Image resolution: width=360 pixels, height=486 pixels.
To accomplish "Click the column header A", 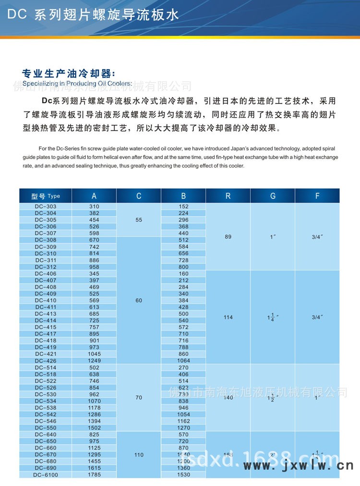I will [94, 196].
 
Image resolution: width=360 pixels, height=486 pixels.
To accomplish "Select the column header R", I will [228, 196].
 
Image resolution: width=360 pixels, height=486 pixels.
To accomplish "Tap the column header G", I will [273, 196].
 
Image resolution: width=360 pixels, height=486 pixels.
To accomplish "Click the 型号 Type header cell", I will [46, 196].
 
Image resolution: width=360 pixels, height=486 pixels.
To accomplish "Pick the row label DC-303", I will [46, 207].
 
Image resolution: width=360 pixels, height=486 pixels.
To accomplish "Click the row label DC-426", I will [46, 361].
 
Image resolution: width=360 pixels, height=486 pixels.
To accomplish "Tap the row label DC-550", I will [46, 428].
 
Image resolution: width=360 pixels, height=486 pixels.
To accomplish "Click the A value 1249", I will [94, 361].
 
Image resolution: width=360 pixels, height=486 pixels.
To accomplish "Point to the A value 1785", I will [94, 475].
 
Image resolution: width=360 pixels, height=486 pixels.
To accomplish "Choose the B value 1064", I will [183, 361].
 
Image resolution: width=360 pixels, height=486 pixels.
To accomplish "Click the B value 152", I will [183, 207].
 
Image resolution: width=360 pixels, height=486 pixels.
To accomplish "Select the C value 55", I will [139, 219].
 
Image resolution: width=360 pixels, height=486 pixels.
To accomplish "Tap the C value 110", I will [139, 455].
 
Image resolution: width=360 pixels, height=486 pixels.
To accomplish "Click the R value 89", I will [228, 237].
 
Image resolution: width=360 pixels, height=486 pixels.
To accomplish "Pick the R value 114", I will [228, 317].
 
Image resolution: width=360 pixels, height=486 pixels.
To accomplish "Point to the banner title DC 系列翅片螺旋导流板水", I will [93, 15].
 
